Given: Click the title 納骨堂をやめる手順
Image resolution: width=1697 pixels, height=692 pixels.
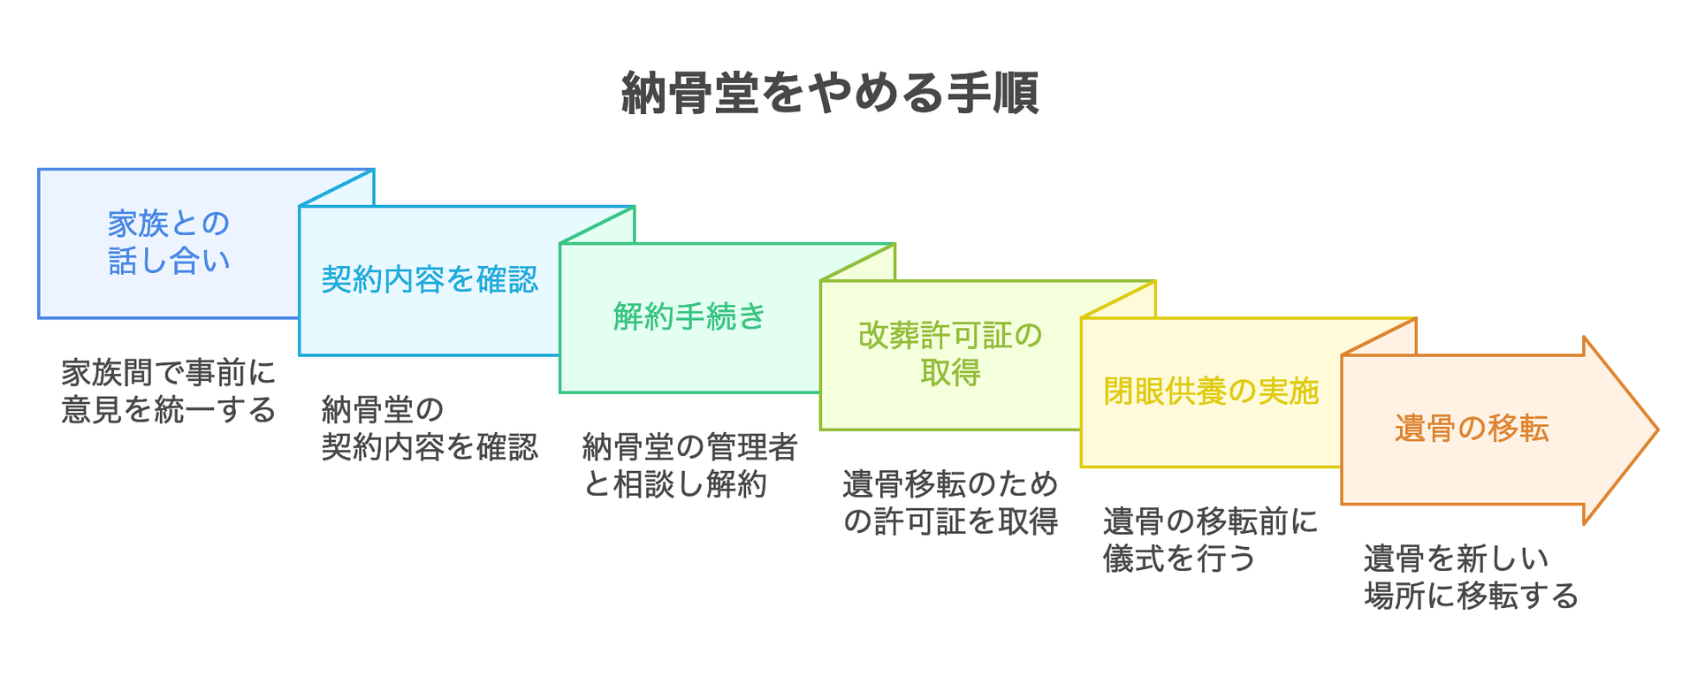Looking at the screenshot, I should (x=830, y=93).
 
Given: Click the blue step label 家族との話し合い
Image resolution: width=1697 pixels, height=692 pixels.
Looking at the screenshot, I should (x=169, y=242).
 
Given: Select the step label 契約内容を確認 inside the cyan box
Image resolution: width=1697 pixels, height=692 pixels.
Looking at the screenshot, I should (x=430, y=280).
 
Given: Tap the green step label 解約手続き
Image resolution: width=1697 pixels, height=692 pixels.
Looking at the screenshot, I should (x=689, y=316).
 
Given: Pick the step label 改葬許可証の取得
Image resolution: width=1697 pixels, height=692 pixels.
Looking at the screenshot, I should (x=950, y=354).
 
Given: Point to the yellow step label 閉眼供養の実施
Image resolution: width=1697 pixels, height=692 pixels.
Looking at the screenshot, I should (x=1211, y=391).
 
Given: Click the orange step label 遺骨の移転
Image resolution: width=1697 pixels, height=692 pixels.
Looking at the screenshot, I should (x=1472, y=429).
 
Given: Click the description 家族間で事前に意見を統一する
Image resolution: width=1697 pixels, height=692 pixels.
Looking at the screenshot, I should (x=169, y=391).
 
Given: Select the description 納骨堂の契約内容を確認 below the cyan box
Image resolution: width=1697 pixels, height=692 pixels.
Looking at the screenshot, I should (x=430, y=429).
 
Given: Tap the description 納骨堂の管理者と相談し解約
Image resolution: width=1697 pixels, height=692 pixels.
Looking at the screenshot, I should (x=689, y=466).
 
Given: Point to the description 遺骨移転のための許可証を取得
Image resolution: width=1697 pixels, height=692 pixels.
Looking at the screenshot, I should (x=950, y=503).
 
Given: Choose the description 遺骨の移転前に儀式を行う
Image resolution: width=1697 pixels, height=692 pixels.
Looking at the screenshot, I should (x=1211, y=540).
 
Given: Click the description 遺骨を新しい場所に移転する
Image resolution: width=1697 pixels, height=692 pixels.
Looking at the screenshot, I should (x=1471, y=577).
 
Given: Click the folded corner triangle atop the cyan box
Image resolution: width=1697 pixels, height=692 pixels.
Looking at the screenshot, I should (x=350, y=194).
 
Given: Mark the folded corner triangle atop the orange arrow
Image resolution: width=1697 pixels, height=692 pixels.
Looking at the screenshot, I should (x=1392, y=342).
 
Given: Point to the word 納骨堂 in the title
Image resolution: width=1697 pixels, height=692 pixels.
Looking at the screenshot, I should (x=690, y=93).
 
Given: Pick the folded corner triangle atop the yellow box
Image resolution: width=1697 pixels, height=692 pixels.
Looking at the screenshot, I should (x=1131, y=305).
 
